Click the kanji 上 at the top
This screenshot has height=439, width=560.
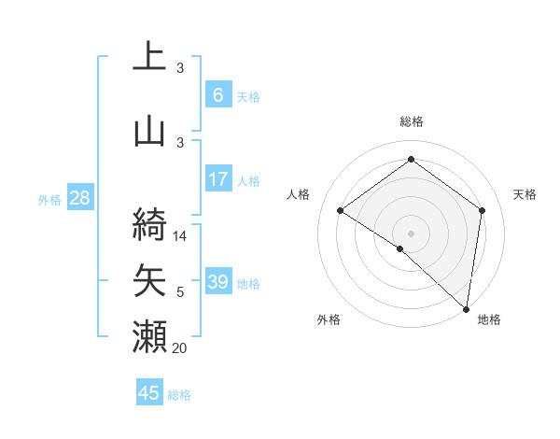(x=149, y=57)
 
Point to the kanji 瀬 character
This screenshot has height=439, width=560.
(x=149, y=336)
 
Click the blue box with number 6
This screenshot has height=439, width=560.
(x=217, y=95)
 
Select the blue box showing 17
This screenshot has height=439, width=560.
(x=217, y=179)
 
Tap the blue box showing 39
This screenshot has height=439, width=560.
(x=217, y=282)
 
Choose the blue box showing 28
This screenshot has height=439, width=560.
(x=79, y=198)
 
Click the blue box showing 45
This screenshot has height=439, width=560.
(x=149, y=393)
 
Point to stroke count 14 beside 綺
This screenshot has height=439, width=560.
(x=181, y=236)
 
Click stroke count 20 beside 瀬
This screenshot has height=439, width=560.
(x=181, y=349)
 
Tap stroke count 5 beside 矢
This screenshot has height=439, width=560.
(x=181, y=293)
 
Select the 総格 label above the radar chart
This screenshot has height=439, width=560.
(x=412, y=121)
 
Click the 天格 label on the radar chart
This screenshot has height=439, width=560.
(x=525, y=194)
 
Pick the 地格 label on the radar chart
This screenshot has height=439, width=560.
(x=489, y=319)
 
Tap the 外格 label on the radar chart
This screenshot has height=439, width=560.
(x=329, y=319)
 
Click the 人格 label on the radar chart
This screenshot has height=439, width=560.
(x=298, y=194)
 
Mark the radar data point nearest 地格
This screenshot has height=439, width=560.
(x=467, y=308)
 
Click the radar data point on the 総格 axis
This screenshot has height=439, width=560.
(x=411, y=160)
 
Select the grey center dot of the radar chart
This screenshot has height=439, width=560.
(x=411, y=233)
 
